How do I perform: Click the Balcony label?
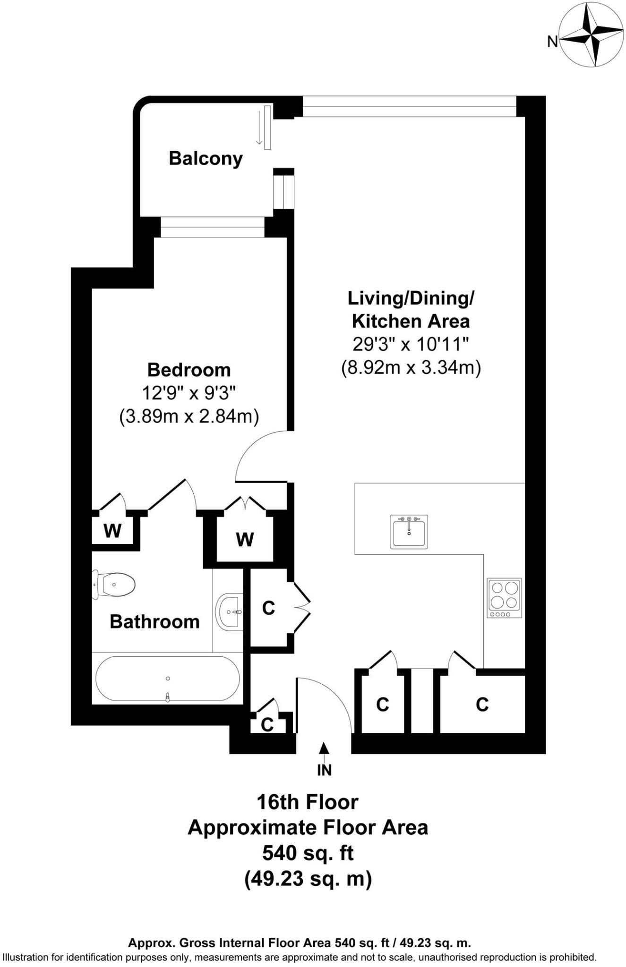click(206, 159)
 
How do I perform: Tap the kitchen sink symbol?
click(409, 532)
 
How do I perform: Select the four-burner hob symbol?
click(504, 598)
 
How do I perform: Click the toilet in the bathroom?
click(114, 585)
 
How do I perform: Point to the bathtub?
click(167, 679)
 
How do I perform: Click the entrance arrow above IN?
click(324, 749)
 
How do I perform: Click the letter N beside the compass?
click(552, 42)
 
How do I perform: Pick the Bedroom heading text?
click(189, 370)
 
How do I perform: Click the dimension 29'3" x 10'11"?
click(411, 345)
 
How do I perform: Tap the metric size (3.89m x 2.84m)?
click(189, 416)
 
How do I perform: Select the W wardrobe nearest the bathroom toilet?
click(112, 531)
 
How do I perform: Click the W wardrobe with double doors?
click(245, 539)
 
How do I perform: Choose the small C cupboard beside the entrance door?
click(267, 724)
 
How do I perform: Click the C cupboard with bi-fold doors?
click(268, 608)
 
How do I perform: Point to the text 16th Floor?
click(308, 802)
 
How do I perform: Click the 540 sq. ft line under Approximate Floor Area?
click(308, 853)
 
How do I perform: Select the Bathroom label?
click(154, 622)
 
